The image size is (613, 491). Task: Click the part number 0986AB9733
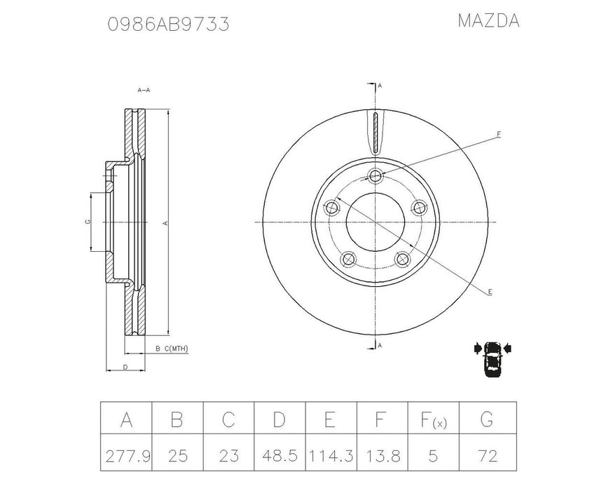point(168,25)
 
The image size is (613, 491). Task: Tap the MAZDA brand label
point(488,21)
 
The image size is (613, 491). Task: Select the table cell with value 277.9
point(126,457)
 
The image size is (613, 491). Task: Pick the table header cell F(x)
point(433,421)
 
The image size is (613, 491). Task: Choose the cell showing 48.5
point(280,457)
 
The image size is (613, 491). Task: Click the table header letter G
point(487,421)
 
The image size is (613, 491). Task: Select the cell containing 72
point(487,457)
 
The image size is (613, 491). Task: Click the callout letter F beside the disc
point(499,133)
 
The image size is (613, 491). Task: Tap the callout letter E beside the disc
point(490,291)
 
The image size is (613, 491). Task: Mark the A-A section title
point(144,90)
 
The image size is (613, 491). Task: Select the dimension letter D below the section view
point(124,367)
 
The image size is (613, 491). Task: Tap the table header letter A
point(126,421)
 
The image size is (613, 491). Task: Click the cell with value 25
point(177,457)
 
